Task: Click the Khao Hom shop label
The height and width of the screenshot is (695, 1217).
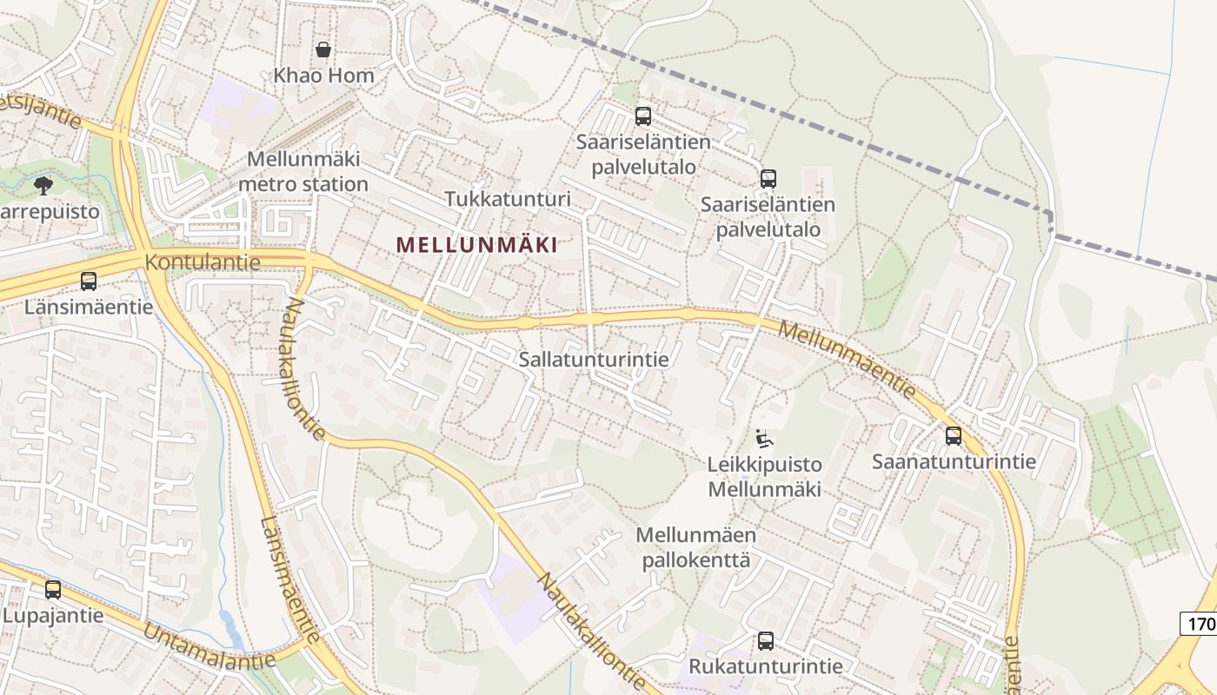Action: tap(323, 76)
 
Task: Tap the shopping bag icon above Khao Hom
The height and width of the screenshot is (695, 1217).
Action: tap(323, 50)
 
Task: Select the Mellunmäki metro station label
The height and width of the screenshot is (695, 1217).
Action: tap(303, 172)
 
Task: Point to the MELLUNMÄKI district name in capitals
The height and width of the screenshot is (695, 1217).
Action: tap(476, 245)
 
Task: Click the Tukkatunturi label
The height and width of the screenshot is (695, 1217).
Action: tap(508, 199)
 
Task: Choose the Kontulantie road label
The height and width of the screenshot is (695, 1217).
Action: tap(203, 262)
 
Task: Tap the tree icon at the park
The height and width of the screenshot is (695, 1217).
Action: tap(43, 185)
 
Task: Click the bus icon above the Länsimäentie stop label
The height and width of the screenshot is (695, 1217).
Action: tap(89, 281)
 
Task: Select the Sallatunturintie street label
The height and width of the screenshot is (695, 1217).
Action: tap(594, 360)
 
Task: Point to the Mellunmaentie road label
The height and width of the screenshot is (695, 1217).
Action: tap(848, 360)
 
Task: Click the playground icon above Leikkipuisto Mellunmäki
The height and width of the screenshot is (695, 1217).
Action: tap(764, 439)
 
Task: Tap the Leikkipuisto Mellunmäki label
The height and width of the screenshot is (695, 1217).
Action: tap(764, 476)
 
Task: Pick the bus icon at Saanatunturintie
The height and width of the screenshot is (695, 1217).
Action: tap(954, 435)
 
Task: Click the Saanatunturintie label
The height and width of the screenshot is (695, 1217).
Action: tap(954, 461)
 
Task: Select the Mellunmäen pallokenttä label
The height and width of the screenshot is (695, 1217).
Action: tap(696, 547)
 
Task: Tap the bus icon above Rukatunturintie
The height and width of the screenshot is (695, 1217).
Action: tap(765, 641)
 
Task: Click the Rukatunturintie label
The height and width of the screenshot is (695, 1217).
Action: tap(765, 666)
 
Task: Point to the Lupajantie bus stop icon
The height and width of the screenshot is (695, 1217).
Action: tap(53, 590)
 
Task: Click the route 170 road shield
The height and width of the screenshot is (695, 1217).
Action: tap(1198, 624)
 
